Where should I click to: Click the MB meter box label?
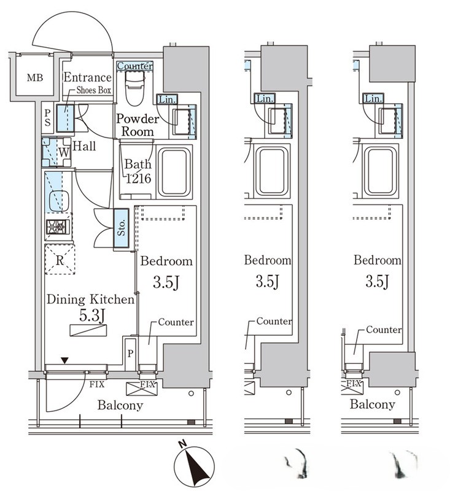click(x=35, y=77)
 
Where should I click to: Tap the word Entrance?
click(x=87, y=77)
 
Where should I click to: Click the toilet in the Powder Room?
click(x=134, y=88)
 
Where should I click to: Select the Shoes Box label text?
click(x=94, y=90)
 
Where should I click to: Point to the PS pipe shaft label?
click(x=47, y=118)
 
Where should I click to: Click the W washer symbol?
click(x=64, y=152)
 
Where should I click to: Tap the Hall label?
click(x=84, y=146)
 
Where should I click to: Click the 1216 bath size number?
click(x=139, y=179)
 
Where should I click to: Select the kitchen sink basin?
click(x=58, y=201)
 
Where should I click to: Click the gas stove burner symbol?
click(x=58, y=226)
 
